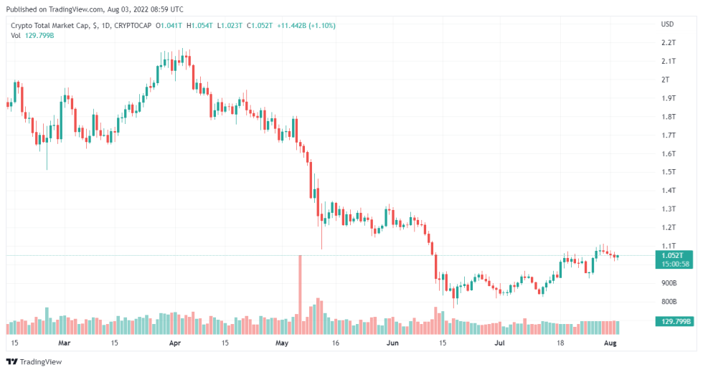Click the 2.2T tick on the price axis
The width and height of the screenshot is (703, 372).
click(x=669, y=42)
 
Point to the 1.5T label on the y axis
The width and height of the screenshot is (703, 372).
click(x=669, y=172)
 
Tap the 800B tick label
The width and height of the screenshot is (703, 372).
click(x=669, y=302)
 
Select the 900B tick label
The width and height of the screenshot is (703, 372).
click(x=669, y=283)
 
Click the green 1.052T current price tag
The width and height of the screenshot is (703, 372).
click(x=674, y=255)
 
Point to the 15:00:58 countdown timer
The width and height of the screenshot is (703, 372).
click(x=674, y=264)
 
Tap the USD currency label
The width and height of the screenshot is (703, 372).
click(x=667, y=24)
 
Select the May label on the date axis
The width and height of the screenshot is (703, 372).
click(x=281, y=343)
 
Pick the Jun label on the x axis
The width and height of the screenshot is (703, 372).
click(x=392, y=343)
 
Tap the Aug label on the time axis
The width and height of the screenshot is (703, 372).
click(x=610, y=343)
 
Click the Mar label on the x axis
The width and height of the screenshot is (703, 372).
click(x=65, y=343)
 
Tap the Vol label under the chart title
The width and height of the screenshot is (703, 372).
click(x=15, y=35)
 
